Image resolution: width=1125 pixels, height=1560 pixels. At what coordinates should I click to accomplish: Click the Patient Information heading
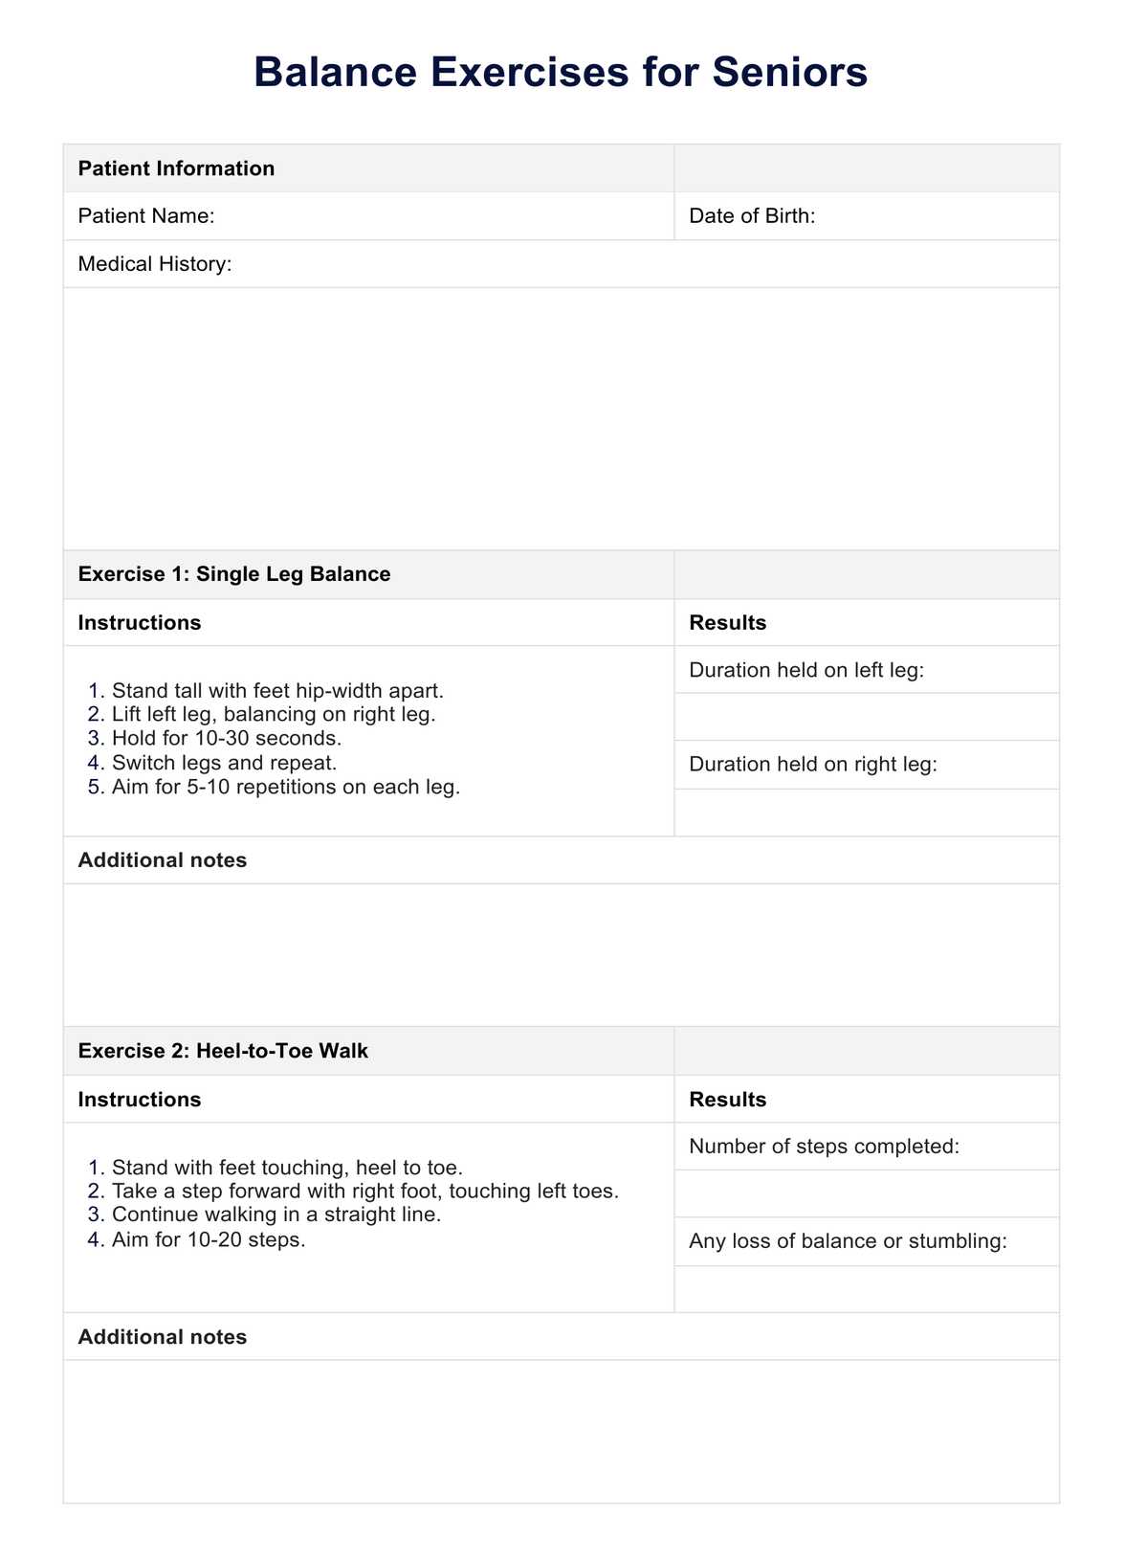176,168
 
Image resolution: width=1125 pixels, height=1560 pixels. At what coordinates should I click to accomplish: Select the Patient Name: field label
146,216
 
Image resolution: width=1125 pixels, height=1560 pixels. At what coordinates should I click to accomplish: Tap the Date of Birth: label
752,216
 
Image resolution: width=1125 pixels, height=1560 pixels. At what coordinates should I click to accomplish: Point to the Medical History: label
155,264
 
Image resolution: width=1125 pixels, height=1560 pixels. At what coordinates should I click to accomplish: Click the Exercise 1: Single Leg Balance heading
234,574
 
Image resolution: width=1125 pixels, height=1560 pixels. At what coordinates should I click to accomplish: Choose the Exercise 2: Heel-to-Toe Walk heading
223,1051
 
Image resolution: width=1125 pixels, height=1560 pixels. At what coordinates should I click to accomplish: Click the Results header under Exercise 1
727,623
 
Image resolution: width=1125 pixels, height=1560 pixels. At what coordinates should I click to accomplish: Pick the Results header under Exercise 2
727,1100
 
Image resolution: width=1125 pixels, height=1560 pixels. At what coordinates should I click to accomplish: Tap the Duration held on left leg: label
806,670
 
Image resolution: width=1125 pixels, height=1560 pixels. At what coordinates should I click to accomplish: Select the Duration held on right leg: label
812,765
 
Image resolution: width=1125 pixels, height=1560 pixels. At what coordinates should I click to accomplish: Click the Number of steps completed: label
824,1147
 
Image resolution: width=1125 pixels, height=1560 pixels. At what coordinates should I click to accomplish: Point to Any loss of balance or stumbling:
848,1241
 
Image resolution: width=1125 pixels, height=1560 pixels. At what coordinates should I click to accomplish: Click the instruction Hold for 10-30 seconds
227,739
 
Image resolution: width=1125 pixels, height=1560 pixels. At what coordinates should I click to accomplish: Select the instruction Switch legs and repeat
224,763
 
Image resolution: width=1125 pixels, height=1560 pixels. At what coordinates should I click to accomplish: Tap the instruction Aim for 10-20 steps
209,1239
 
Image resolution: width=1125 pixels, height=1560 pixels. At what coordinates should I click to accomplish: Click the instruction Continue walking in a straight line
276,1215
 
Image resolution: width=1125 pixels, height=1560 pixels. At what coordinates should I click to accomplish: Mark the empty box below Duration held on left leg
866,717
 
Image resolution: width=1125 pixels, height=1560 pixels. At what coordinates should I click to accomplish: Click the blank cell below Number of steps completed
866,1193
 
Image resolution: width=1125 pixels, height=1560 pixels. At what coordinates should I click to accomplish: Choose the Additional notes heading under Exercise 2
163,1337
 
